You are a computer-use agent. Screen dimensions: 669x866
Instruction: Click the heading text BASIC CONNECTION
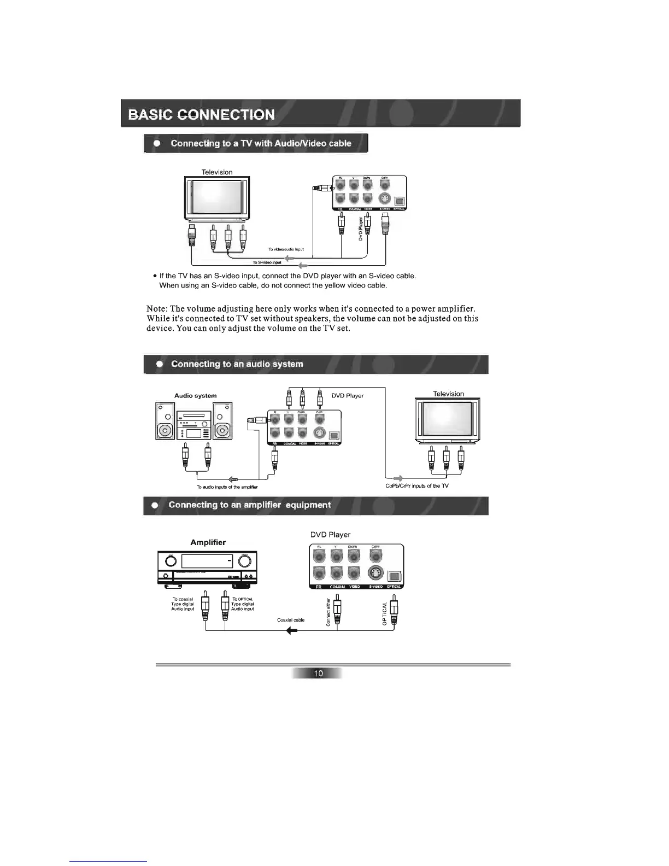(x=201, y=115)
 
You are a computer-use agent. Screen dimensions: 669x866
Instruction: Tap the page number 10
(x=318, y=673)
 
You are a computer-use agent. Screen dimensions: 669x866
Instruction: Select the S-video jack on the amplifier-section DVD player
(x=375, y=574)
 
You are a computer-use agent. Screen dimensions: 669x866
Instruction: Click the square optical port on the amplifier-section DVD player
(x=394, y=576)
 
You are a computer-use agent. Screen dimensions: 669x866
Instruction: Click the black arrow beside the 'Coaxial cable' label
(x=292, y=631)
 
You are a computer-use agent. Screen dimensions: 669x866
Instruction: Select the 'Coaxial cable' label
(x=291, y=620)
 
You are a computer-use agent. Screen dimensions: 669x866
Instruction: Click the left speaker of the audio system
(x=165, y=421)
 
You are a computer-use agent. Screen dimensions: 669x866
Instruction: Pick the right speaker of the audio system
(x=222, y=421)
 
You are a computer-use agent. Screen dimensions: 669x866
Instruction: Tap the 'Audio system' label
(x=195, y=396)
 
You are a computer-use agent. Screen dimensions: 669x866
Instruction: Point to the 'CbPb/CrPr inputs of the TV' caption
(x=417, y=485)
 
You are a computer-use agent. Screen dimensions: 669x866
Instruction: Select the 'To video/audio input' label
(x=286, y=249)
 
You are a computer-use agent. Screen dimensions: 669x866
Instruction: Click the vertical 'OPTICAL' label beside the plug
(x=385, y=613)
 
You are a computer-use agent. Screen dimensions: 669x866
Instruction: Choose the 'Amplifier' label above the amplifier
(x=208, y=542)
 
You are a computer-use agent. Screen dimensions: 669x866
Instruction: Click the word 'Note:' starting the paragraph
(x=157, y=309)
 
